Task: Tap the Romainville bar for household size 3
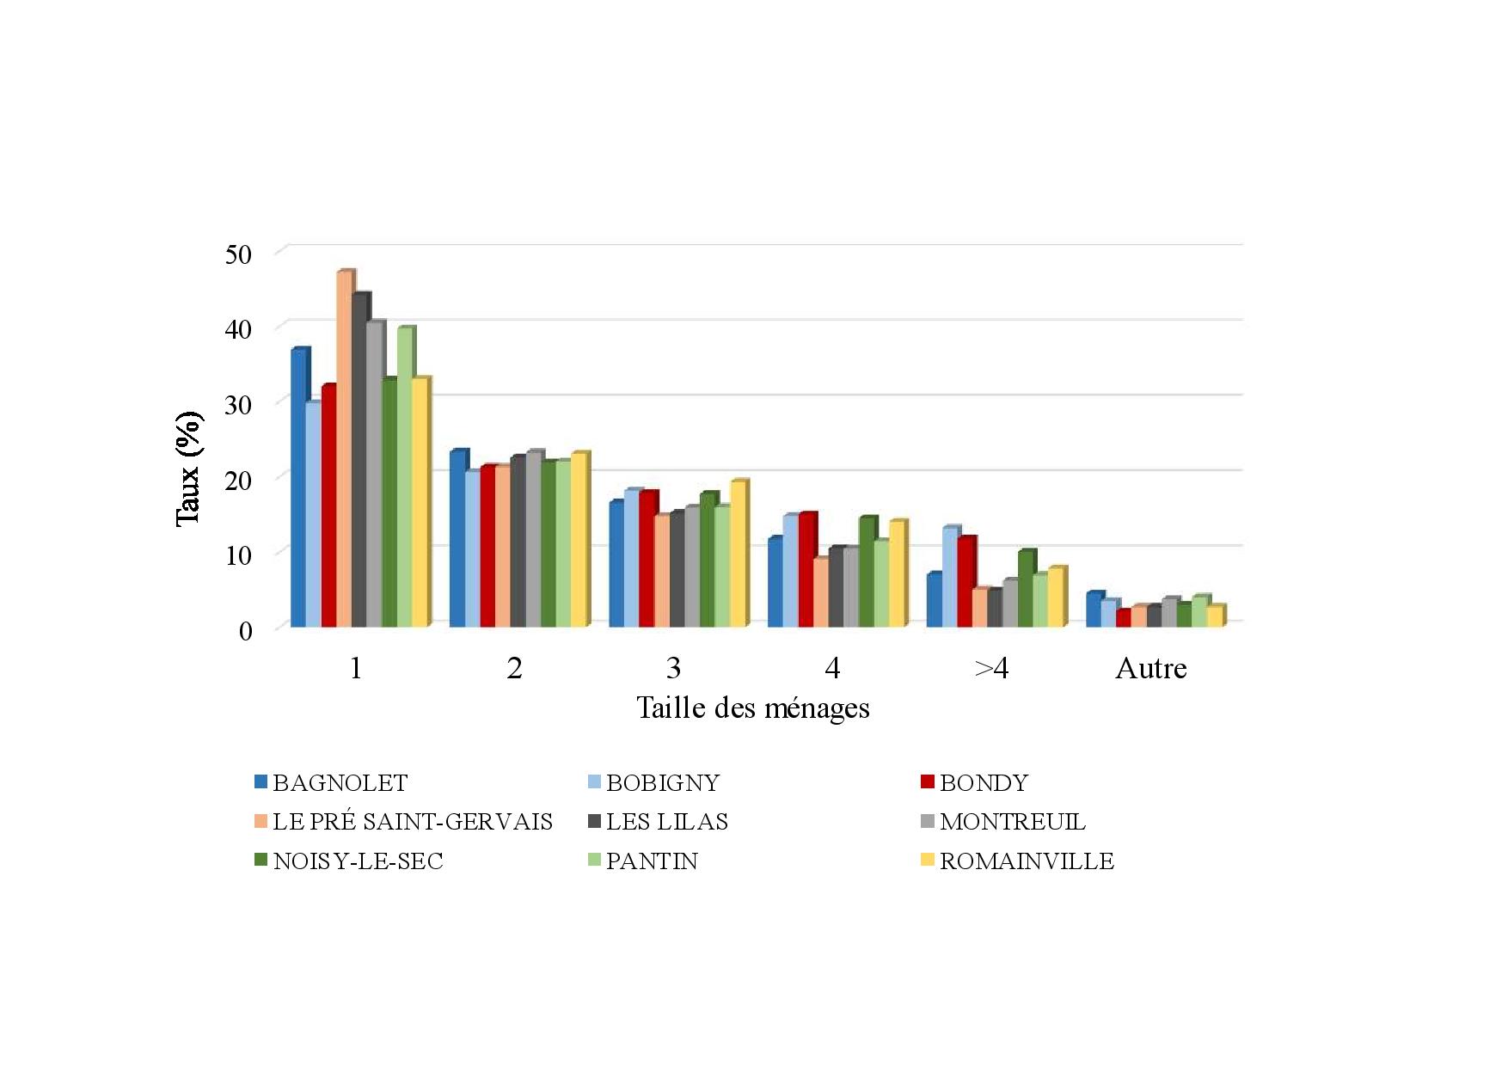tap(738, 554)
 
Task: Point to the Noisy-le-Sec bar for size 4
tap(867, 572)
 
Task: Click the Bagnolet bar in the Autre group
tap(1093, 610)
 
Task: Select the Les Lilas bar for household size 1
tap(359, 460)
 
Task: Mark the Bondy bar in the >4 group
tap(965, 582)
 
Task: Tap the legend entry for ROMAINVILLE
tap(1026, 861)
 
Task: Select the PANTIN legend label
tap(652, 861)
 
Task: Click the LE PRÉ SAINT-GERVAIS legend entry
tap(412, 822)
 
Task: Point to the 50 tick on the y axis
tap(238, 254)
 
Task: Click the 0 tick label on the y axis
tap(245, 630)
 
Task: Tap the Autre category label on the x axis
tap(1150, 669)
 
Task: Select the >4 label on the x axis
tap(991, 669)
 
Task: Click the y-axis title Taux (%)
tap(188, 469)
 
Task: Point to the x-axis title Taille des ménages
tap(752, 708)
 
